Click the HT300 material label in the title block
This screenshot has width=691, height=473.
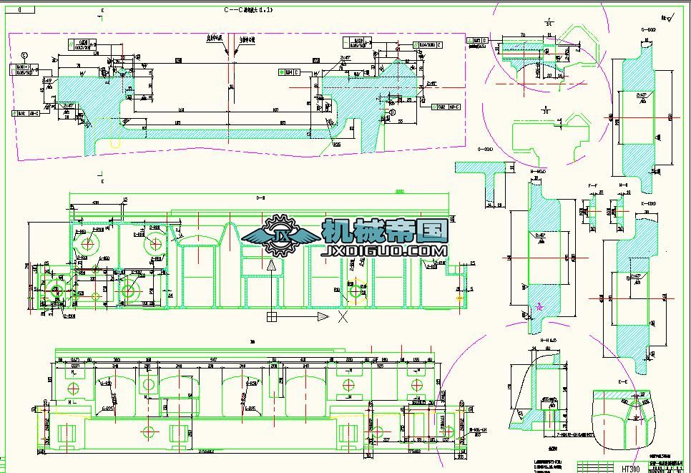[x=630, y=469]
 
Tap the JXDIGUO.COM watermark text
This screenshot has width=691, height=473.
[x=386, y=251]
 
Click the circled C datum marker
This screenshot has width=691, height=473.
[x=25, y=55]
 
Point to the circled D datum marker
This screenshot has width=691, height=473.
[x=391, y=114]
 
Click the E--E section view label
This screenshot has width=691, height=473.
[x=622, y=383]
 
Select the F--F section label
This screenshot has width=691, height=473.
[x=592, y=185]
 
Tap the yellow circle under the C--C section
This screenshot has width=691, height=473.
[x=116, y=143]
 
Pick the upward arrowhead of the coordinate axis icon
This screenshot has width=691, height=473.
[x=272, y=265]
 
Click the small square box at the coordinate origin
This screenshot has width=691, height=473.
[x=272, y=316]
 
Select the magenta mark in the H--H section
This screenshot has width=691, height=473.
[x=540, y=306]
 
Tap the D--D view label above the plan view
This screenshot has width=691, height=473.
[x=261, y=198]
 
